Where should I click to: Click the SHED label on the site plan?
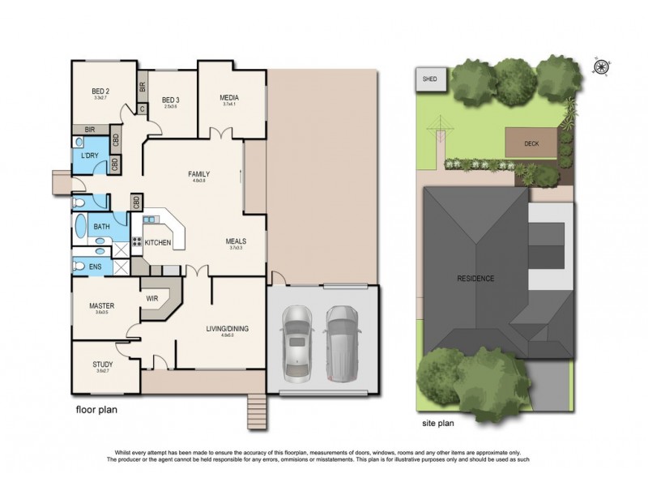click(427, 79)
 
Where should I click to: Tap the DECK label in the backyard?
click(531, 143)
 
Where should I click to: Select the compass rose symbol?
click(602, 67)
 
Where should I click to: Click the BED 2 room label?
click(100, 92)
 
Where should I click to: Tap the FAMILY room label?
click(198, 174)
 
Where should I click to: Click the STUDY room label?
click(103, 364)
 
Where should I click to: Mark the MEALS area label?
click(236, 241)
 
